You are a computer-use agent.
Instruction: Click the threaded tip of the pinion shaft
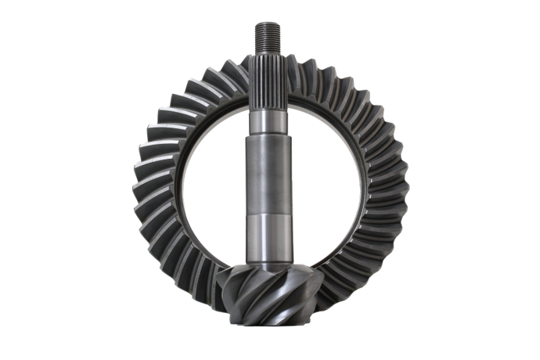(270, 34)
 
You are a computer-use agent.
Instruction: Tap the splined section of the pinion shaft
(270, 78)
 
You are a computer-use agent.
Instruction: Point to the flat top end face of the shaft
(270, 23)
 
